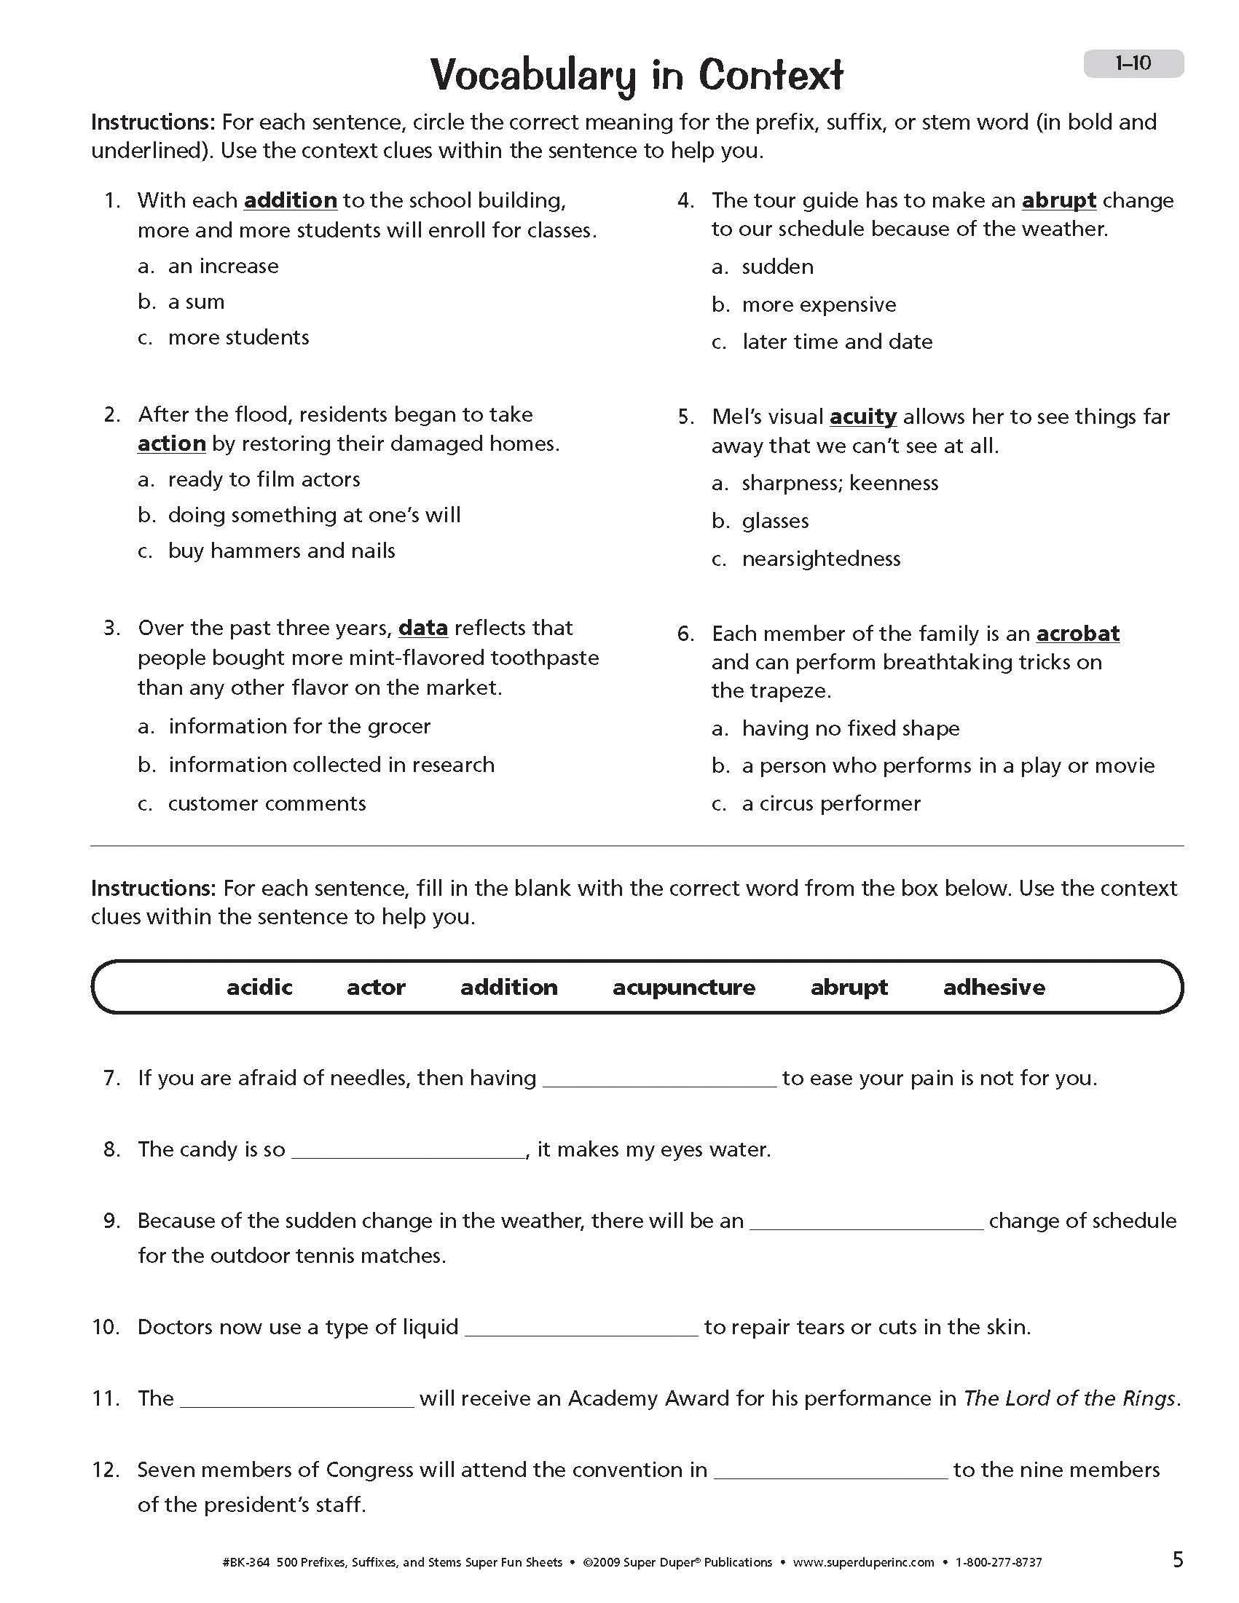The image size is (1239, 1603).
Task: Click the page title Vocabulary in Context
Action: [637, 75]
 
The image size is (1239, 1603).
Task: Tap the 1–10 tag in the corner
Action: [1133, 64]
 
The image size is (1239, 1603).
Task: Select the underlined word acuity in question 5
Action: [862, 417]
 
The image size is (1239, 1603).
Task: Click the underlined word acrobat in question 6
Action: [1077, 634]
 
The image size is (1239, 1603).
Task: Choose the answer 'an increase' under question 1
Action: [223, 266]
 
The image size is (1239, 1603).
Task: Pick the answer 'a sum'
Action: [196, 302]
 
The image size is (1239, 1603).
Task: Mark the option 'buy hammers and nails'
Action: [281, 551]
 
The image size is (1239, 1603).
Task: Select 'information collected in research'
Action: [331, 765]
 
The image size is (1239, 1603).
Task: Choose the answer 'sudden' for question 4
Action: [777, 267]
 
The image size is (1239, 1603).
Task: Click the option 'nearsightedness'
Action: [821, 559]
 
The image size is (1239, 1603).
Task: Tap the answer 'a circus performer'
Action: [831, 804]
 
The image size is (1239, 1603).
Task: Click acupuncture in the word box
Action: [683, 987]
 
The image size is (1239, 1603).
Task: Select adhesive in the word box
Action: [994, 987]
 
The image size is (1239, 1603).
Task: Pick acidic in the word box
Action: [259, 987]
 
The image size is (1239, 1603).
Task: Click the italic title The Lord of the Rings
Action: [1069, 1398]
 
